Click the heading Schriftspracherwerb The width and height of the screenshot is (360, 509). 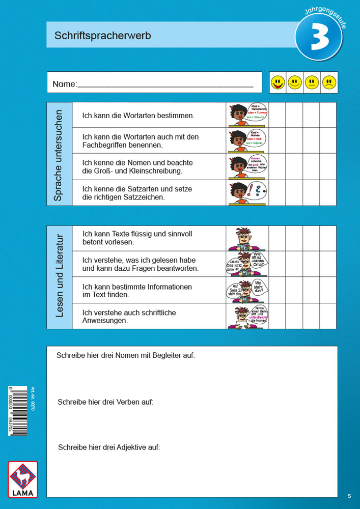(x=102, y=36)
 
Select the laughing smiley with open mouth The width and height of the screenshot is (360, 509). (x=278, y=82)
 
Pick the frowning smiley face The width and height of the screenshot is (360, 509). (x=329, y=82)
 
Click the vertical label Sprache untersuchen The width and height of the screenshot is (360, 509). (x=59, y=154)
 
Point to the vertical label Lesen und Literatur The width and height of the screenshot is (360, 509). (x=59, y=277)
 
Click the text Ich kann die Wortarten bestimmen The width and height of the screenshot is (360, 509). (x=138, y=116)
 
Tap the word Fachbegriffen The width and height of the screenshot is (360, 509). (x=105, y=145)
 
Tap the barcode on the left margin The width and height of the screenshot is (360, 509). (x=18, y=410)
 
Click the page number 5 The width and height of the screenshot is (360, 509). (x=349, y=496)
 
